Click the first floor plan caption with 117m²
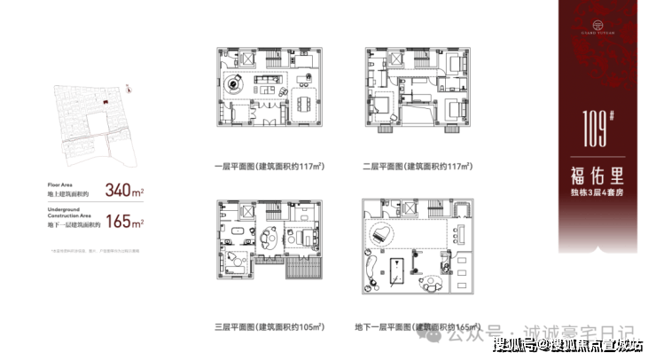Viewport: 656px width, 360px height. coord(263,167)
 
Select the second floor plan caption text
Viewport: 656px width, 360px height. coord(412,167)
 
